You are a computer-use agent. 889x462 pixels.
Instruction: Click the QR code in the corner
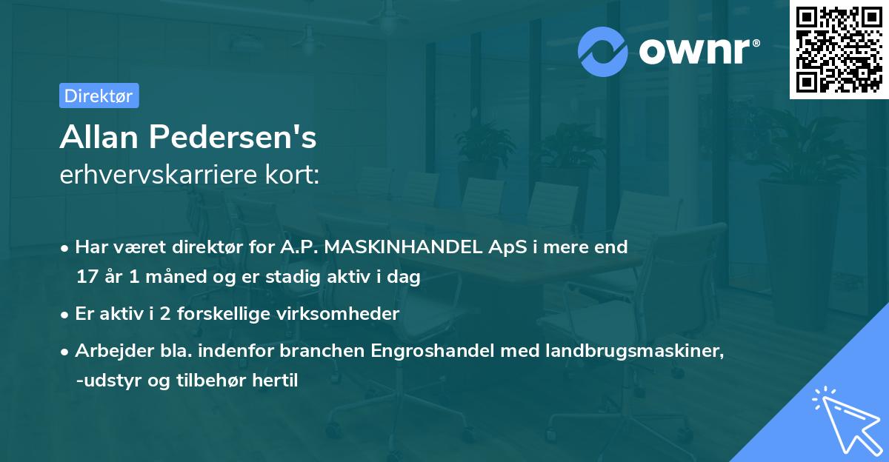838,50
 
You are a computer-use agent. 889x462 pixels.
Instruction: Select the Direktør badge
99,96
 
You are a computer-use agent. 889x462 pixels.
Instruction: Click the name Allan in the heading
99,136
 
